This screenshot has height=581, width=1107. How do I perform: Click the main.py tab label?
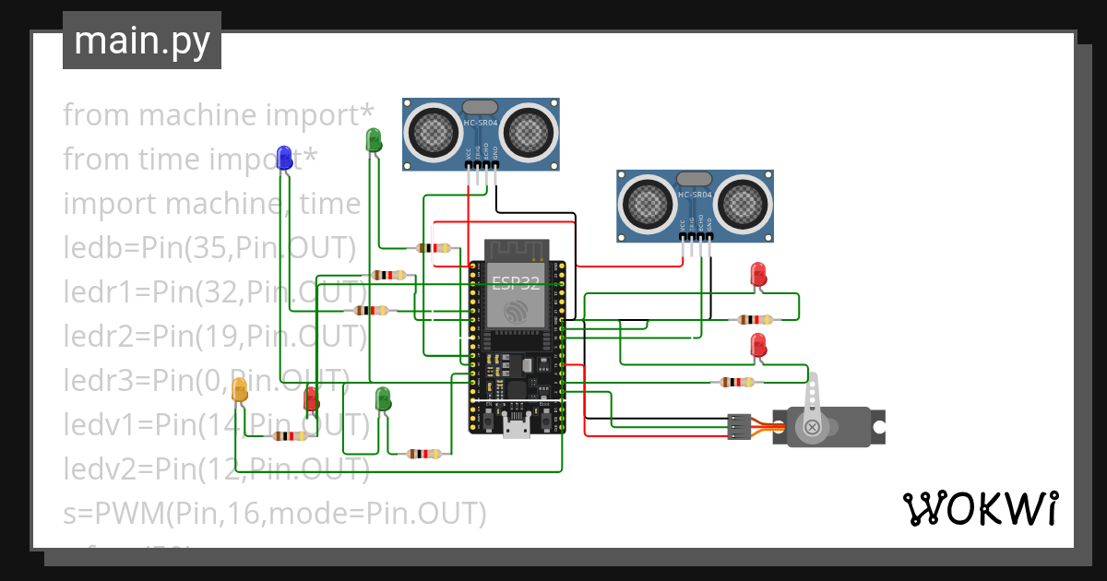click(141, 41)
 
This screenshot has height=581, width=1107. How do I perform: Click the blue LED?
click(285, 156)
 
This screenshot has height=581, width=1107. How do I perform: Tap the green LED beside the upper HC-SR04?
click(374, 139)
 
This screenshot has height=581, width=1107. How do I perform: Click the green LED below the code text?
click(383, 398)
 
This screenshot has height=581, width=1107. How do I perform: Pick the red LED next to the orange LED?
click(312, 398)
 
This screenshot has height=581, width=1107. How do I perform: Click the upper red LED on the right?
click(758, 274)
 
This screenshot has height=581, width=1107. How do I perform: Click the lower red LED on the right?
click(758, 345)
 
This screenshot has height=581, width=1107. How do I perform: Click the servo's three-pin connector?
click(738, 426)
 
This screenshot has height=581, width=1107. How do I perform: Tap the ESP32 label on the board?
click(516, 282)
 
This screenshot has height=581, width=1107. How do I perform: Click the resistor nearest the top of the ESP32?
click(434, 247)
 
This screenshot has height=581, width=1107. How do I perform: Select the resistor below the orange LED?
click(290, 436)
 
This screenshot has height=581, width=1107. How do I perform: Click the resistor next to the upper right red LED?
click(756, 320)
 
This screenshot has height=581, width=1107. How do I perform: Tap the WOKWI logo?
click(980, 509)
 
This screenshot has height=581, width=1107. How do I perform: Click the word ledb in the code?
click(90, 248)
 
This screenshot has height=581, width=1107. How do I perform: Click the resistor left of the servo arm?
click(735, 382)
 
